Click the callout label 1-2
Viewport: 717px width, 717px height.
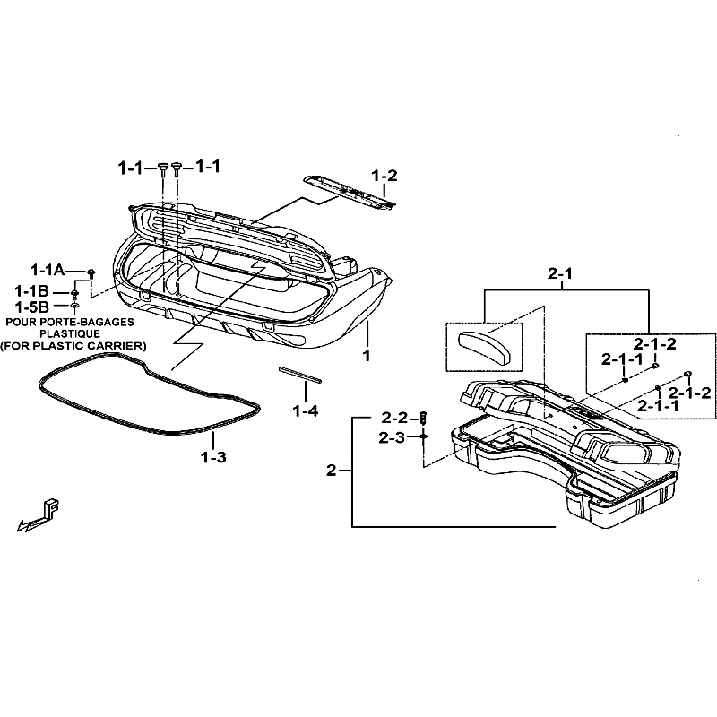pyautogui.click(x=384, y=176)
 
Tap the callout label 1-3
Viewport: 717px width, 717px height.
pyautogui.click(x=213, y=457)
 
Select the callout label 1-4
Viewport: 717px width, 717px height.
pyautogui.click(x=306, y=411)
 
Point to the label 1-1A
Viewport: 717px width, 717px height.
pyautogui.click(x=48, y=271)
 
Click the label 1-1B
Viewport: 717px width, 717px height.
pyautogui.click(x=31, y=290)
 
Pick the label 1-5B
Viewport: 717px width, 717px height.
pyautogui.click(x=31, y=307)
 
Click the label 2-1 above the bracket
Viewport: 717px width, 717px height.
pyautogui.click(x=559, y=273)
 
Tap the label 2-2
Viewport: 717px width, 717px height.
pyautogui.click(x=394, y=418)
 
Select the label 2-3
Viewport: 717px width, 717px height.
pyautogui.click(x=392, y=437)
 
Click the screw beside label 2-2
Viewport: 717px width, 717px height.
pyautogui.click(x=423, y=417)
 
